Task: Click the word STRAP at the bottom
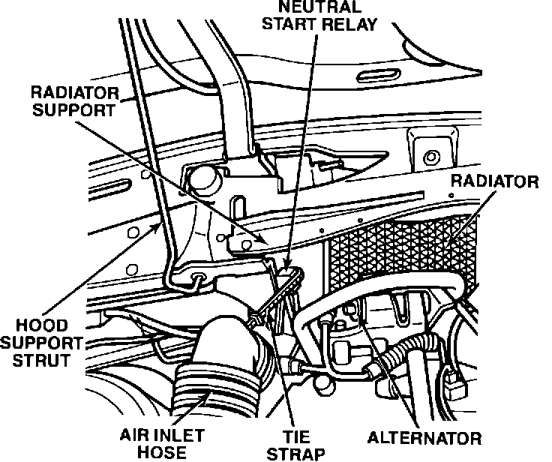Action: point(299,453)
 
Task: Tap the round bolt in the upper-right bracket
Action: point(430,157)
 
